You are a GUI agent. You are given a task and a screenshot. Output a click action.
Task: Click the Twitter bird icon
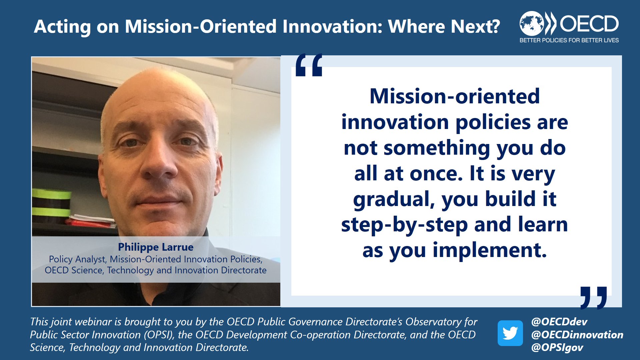(510, 333)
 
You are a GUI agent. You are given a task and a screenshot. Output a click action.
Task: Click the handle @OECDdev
(559, 322)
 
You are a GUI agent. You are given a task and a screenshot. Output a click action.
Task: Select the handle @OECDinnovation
(577, 335)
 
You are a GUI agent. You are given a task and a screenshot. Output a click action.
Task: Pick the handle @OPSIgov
(557, 348)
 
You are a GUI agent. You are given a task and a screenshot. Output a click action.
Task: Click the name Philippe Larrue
(156, 247)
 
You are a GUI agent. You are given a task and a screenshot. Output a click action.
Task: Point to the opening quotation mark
(309, 65)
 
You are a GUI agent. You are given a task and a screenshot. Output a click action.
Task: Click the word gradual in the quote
(394, 199)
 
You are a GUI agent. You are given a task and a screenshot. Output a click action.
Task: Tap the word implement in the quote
(489, 250)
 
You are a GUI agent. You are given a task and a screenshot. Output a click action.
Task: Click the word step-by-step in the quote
(404, 225)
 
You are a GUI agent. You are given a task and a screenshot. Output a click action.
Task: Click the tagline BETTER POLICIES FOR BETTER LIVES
(569, 40)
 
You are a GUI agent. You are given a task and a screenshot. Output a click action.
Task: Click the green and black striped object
(52, 205)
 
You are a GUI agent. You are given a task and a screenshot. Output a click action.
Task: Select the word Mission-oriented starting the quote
(454, 96)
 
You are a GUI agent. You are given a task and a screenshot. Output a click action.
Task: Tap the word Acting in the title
(62, 27)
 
